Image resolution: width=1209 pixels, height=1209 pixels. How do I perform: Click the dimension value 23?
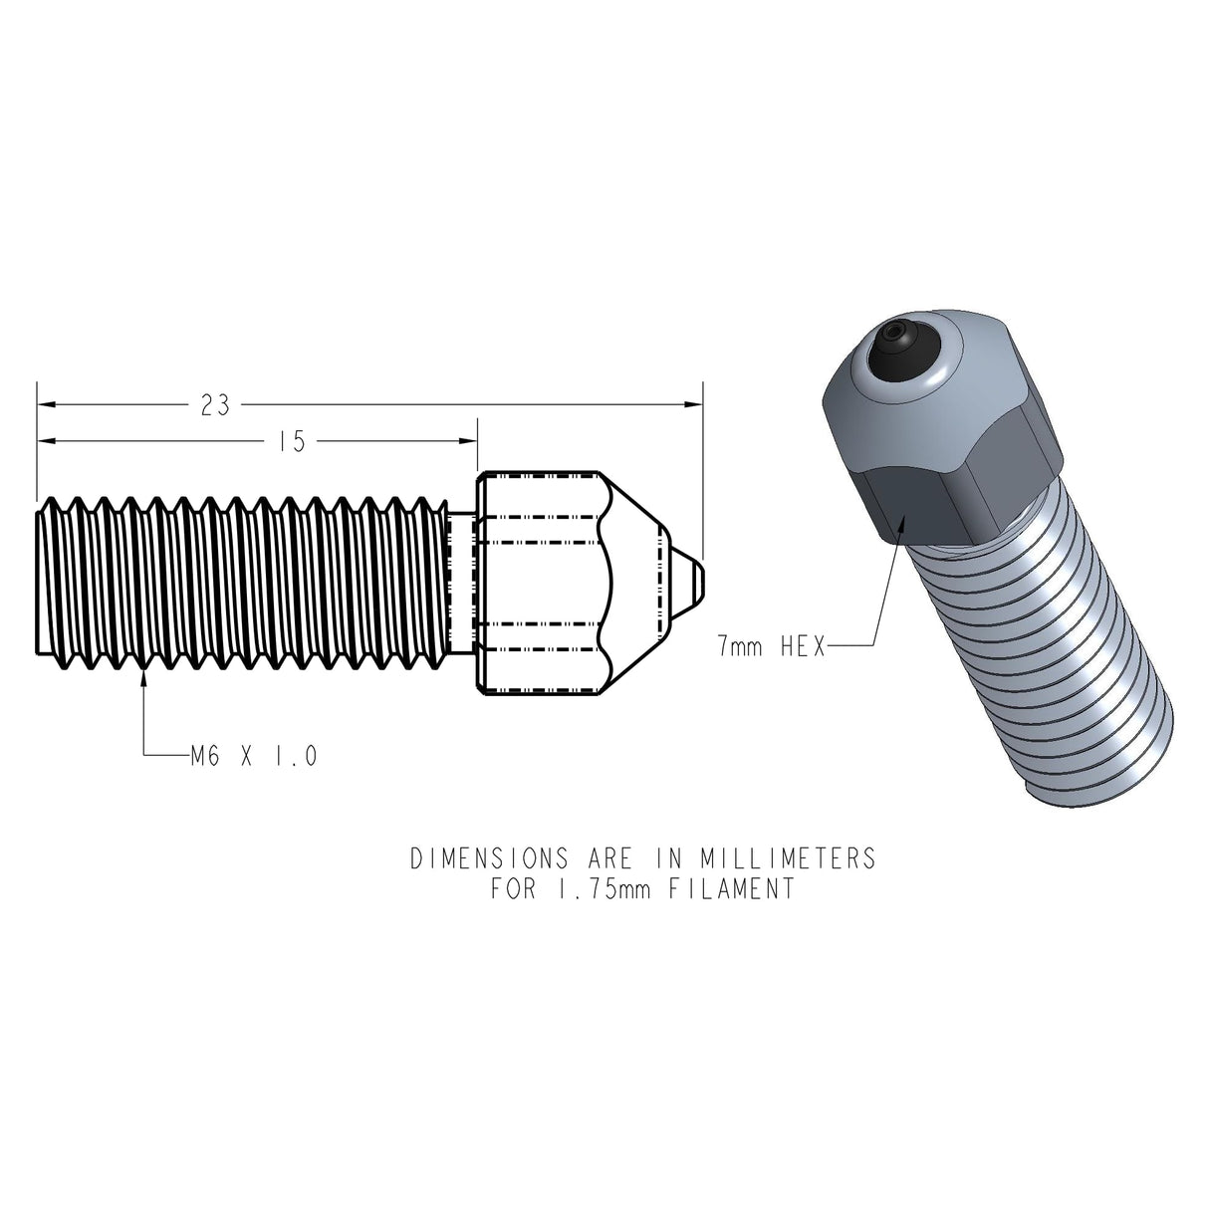[x=214, y=405]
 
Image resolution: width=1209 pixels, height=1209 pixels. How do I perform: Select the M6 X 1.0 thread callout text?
[x=254, y=757]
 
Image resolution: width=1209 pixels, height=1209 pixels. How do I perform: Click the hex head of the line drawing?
[x=538, y=583]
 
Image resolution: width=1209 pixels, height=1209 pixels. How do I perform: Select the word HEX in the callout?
[x=799, y=647]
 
